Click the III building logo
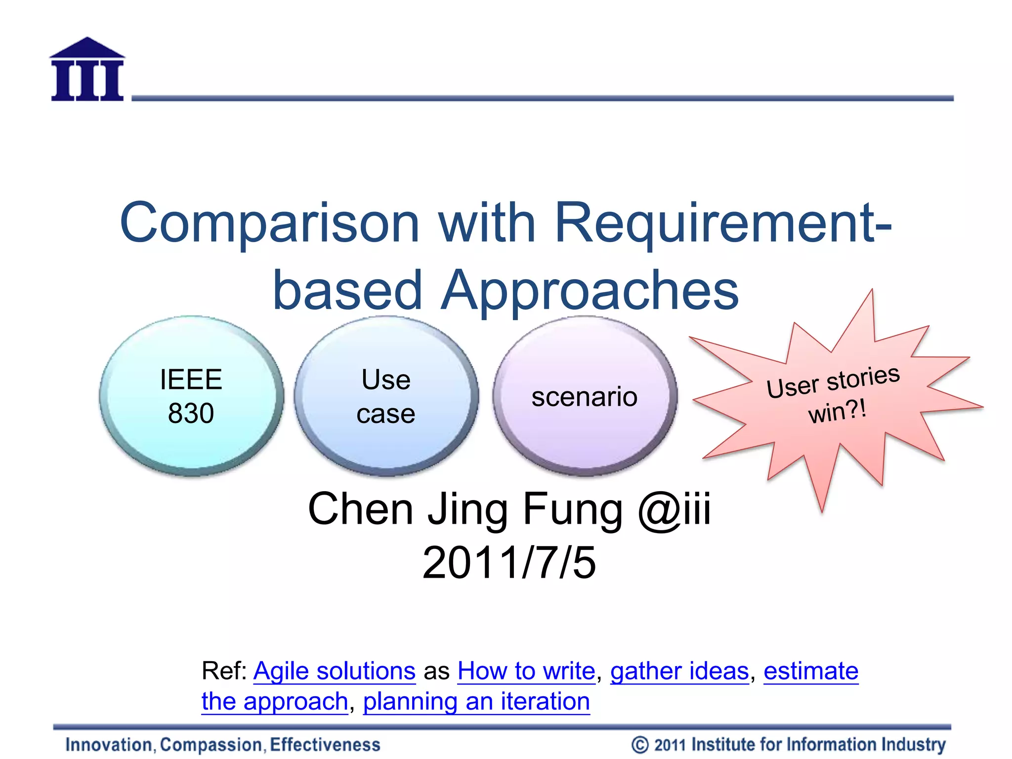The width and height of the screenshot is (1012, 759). (87, 71)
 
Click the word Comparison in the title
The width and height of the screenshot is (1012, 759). (269, 223)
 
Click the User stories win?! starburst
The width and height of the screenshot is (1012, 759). (835, 395)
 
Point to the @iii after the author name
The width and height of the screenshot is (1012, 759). (674, 509)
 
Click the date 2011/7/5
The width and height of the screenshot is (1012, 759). (509, 563)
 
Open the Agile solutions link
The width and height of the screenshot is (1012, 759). (335, 672)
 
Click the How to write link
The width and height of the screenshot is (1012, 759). (526, 672)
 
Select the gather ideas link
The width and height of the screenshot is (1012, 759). (679, 672)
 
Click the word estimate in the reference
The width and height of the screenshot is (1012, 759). (811, 672)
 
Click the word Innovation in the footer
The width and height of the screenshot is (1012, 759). (109, 745)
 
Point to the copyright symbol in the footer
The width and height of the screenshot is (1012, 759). (640, 745)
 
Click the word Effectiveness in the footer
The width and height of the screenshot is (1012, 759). (325, 745)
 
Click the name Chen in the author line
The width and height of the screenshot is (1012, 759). (360, 509)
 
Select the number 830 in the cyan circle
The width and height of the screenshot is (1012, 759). (191, 414)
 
